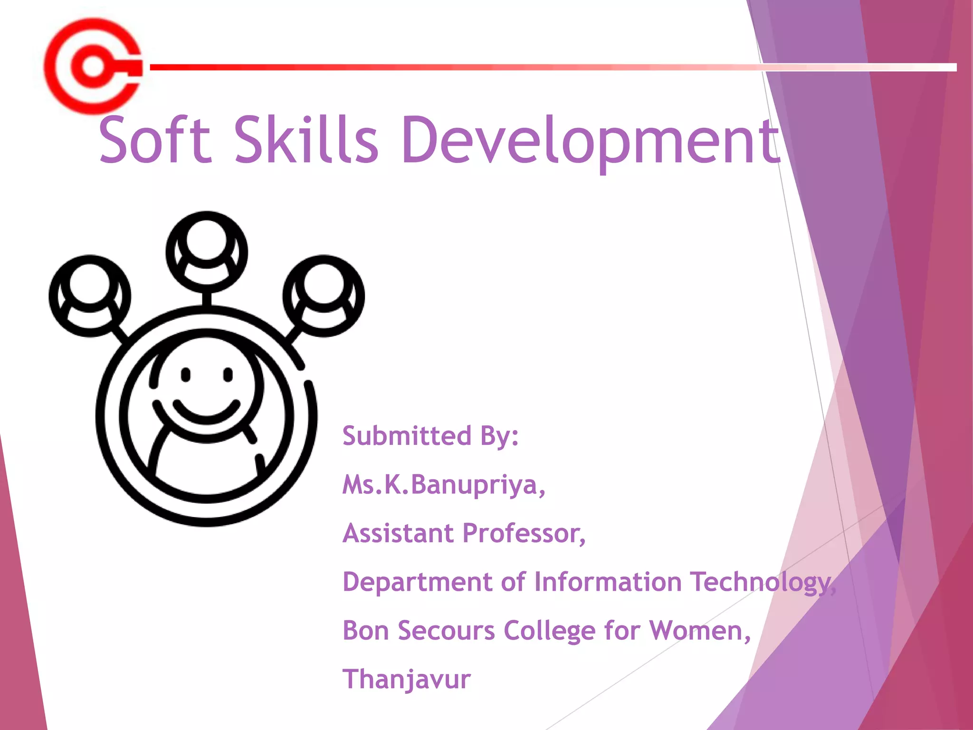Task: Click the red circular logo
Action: [x=93, y=67]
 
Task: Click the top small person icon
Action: [x=207, y=252]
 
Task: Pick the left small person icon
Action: [x=90, y=296]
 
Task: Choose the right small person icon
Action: [x=324, y=296]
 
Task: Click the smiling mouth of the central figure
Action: [x=206, y=412]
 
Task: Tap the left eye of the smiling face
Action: [x=186, y=375]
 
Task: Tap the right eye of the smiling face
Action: [x=228, y=375]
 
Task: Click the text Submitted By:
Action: [x=430, y=436]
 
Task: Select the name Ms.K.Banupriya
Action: [x=443, y=485]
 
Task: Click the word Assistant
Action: [x=398, y=534]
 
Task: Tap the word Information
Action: [x=608, y=582]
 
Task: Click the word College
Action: [x=549, y=631]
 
